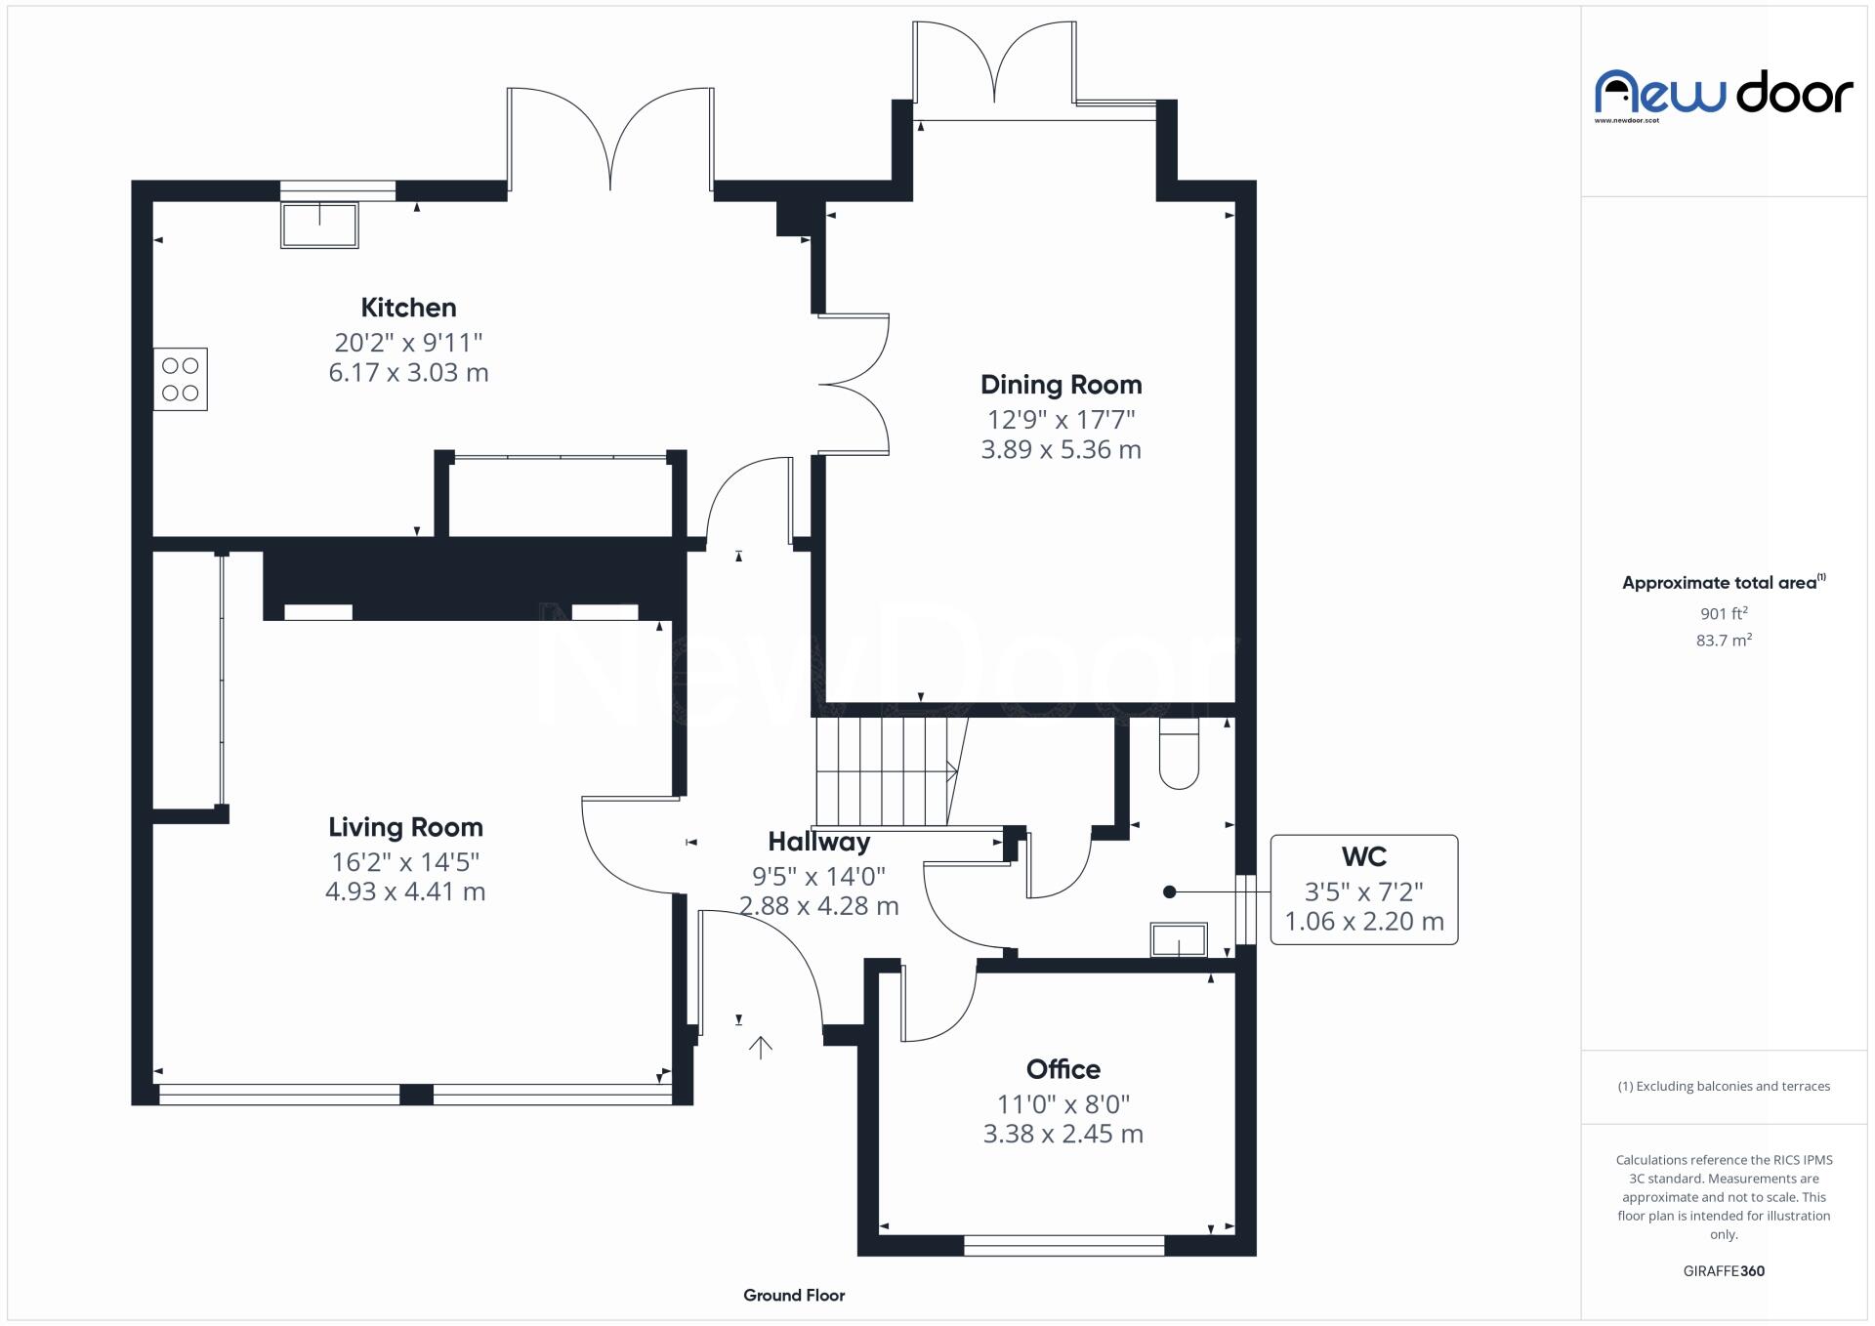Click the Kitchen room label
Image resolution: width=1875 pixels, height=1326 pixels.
408,308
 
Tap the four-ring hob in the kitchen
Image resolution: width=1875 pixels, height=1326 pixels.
181,379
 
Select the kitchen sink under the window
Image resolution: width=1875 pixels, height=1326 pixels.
319,225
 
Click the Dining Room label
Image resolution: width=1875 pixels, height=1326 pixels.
1061,385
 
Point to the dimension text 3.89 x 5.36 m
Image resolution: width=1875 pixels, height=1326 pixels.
1061,449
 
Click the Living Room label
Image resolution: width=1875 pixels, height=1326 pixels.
405,827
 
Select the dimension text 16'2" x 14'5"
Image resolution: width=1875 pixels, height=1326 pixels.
405,861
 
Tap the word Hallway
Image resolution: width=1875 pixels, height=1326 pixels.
818,842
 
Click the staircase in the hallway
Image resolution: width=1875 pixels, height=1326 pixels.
884,771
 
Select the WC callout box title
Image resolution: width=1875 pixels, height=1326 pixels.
1363,857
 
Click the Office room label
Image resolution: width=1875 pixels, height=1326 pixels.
1062,1069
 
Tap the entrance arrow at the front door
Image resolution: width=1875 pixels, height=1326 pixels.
760,1048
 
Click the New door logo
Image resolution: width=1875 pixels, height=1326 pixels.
1724,95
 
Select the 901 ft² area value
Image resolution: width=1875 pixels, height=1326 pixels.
1724,613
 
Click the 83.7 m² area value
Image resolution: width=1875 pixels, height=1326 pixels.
1724,641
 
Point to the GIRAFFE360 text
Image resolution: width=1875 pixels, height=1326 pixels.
1724,1270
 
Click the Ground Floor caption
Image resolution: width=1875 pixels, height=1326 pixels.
794,1295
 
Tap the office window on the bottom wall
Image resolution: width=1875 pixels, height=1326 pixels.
1063,1245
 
